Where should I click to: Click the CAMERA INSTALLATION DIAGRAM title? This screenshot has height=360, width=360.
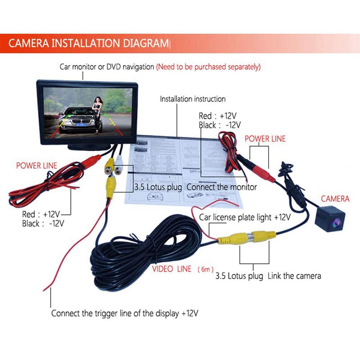click(x=88, y=44)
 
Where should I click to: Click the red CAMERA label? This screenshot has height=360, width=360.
click(x=335, y=198)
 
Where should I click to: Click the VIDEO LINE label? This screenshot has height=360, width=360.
click(x=171, y=269)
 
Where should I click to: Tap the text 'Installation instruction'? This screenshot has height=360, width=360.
click(x=193, y=99)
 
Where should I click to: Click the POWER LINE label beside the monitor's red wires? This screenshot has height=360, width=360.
click(x=36, y=166)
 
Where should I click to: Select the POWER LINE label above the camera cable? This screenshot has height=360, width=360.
click(x=265, y=139)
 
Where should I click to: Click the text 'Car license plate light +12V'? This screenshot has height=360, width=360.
click(x=245, y=217)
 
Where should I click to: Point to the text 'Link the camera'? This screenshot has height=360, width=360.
click(x=294, y=276)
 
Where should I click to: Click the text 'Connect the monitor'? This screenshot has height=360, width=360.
click(x=221, y=187)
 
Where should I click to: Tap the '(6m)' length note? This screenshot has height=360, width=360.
click(x=206, y=269)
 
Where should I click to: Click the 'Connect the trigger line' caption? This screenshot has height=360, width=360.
click(x=125, y=313)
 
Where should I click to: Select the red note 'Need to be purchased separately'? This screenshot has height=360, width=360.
click(x=208, y=67)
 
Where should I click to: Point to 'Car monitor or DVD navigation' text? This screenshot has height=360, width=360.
click(x=107, y=67)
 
